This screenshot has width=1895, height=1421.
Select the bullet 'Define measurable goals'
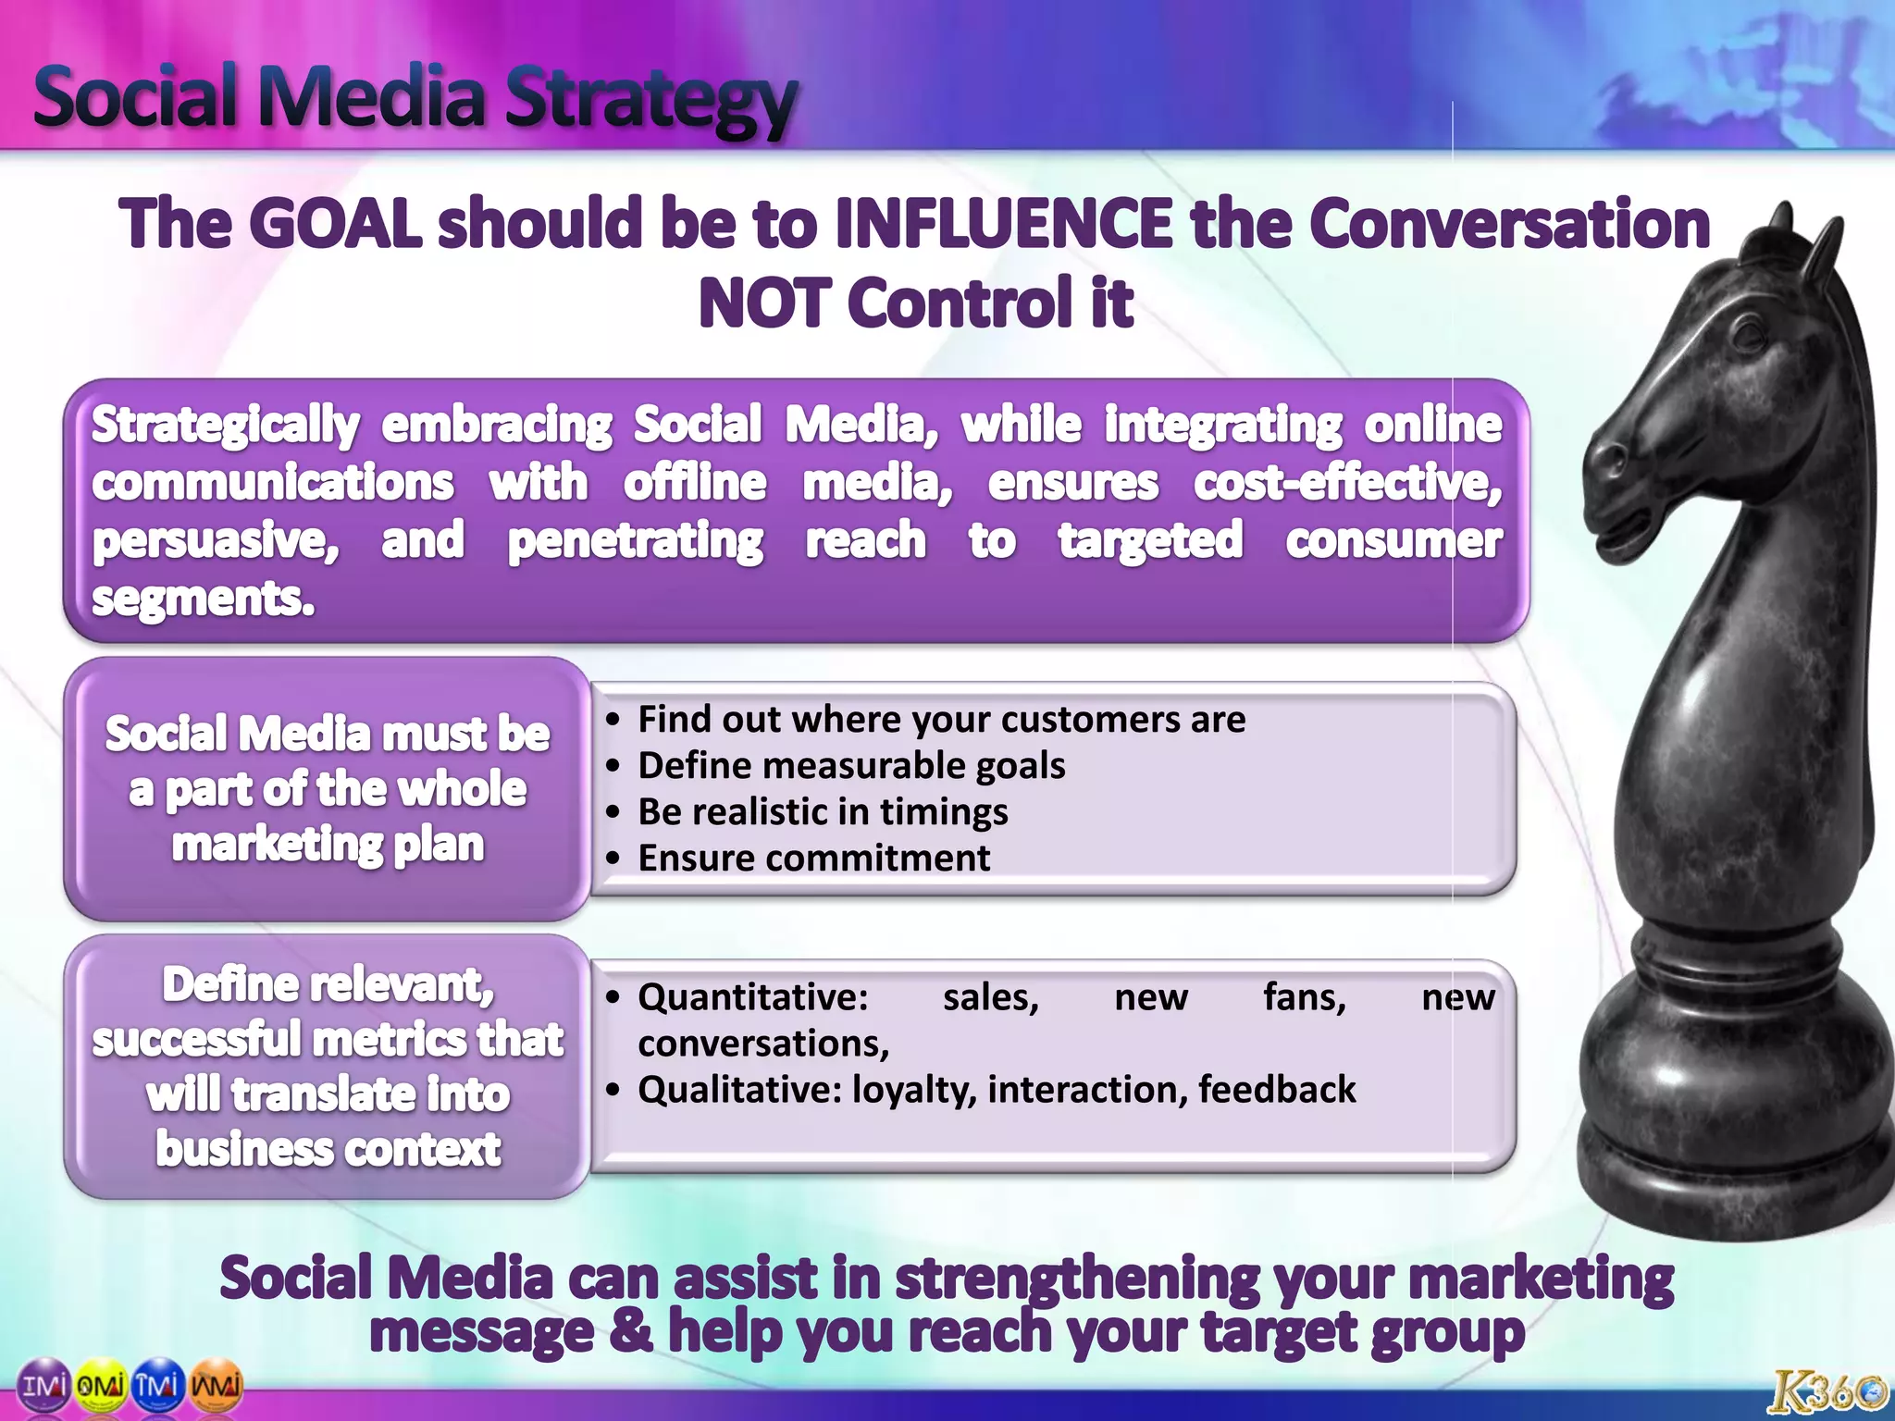[851, 766]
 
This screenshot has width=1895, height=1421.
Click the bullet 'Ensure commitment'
[813, 859]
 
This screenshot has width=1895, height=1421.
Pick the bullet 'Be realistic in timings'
[823, 812]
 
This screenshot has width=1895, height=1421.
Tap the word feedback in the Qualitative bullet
[1276, 1090]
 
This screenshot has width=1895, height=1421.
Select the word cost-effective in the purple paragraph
[1346, 483]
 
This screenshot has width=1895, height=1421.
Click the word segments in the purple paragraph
[203, 599]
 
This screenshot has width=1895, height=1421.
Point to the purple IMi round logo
[44, 1385]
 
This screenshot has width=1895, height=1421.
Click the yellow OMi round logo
[101, 1385]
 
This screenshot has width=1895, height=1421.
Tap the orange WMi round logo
[216, 1385]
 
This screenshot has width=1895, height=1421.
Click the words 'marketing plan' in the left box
[328, 845]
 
